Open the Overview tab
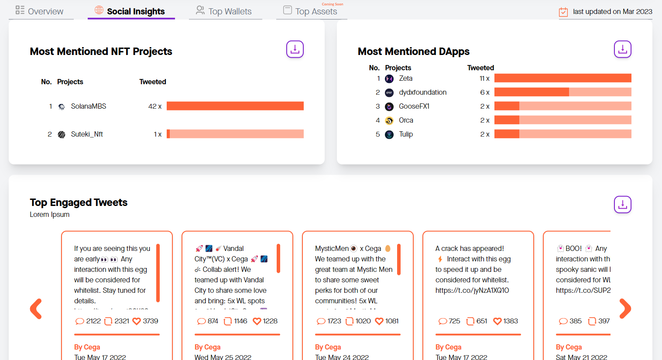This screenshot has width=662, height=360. pyautogui.click(x=40, y=11)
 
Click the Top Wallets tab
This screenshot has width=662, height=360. pyautogui.click(x=224, y=11)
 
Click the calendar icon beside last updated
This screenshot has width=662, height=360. pyautogui.click(x=563, y=12)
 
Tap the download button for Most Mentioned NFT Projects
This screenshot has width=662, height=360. pyautogui.click(x=295, y=49)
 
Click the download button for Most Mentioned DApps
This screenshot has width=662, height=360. pyautogui.click(x=623, y=49)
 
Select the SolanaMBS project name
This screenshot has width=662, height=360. pyautogui.click(x=89, y=106)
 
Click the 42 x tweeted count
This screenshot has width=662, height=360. pyautogui.click(x=154, y=106)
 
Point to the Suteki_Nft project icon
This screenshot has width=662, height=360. pyautogui.click(x=62, y=134)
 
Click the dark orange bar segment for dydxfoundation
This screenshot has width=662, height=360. pyautogui.click(x=531, y=92)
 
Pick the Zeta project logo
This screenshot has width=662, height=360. pyautogui.click(x=389, y=79)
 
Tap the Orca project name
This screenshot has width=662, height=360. pyautogui.click(x=406, y=120)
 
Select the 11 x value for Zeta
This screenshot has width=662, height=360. pyautogui.click(x=484, y=79)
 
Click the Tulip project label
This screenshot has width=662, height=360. pyautogui.click(x=406, y=134)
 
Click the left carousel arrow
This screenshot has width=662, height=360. pyautogui.click(x=36, y=309)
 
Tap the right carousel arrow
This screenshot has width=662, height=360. pyautogui.click(x=625, y=309)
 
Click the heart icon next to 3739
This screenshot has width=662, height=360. pyautogui.click(x=137, y=321)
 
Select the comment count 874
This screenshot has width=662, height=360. pyautogui.click(x=213, y=321)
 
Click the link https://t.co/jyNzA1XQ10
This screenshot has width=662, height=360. pyautogui.click(x=472, y=290)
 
